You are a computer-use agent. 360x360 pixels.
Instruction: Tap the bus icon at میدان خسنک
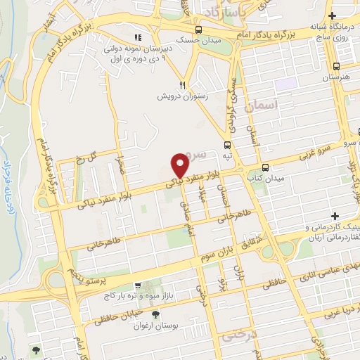point(200,30)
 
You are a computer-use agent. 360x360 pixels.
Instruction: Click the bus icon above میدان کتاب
point(265,167)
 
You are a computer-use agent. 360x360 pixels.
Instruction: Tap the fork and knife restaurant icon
point(181,82)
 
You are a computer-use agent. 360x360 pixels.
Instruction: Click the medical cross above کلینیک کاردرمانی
point(335,214)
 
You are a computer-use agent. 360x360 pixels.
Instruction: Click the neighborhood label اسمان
point(264,105)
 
